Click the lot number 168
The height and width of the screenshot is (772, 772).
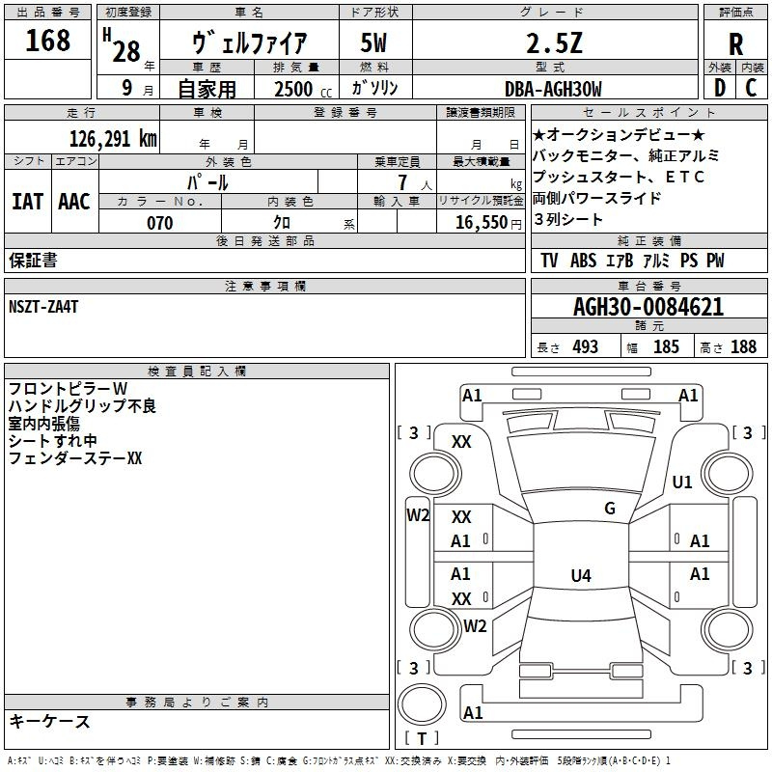pos(47,41)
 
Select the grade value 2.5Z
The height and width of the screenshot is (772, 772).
pos(554,43)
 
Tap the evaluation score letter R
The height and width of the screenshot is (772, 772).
pos(735,44)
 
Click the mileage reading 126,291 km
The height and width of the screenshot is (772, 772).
pos(113,139)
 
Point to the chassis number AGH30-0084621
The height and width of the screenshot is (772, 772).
pos(648,307)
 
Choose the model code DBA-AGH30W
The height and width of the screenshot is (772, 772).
pos(553,89)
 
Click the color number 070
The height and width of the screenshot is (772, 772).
pos(160,223)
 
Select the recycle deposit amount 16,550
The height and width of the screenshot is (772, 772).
pos(481,222)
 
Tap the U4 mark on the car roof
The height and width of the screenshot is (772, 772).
pos(581,575)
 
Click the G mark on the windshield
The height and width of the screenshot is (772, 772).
pos(610,509)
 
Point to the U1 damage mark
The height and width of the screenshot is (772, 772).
pos(682,482)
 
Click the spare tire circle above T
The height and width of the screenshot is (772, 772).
pos(422,704)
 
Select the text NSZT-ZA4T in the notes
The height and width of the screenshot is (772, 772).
pos(43,307)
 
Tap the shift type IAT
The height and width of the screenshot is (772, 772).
pos(27,202)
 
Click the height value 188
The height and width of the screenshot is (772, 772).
pos(743,346)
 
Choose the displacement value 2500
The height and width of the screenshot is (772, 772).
pos(293,89)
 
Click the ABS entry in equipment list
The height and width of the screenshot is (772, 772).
pos(583,260)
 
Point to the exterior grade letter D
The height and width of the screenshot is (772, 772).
pos(720,88)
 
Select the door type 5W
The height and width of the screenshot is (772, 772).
pos(373,43)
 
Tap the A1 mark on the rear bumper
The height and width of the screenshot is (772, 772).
pos(473,712)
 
